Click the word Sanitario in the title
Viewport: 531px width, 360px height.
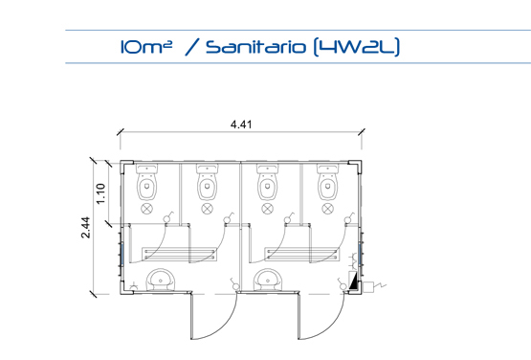tap(256, 47)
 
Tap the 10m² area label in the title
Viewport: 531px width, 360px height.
tap(146, 47)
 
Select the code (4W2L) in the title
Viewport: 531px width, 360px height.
tap(357, 47)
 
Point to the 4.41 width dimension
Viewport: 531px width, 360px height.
tap(241, 124)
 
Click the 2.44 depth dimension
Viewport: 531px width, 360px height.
tap(86, 228)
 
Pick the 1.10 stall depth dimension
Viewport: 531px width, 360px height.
tap(100, 194)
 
